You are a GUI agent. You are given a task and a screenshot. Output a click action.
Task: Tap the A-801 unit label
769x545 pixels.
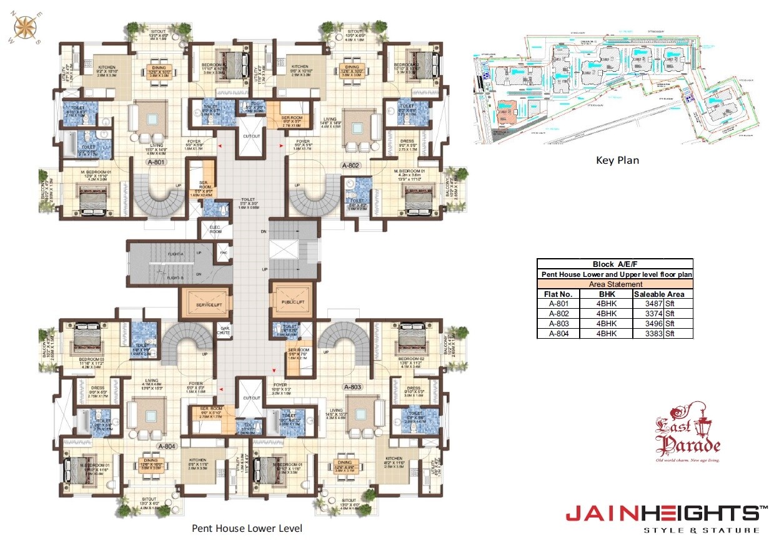156,162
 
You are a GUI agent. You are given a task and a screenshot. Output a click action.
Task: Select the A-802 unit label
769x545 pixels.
350,166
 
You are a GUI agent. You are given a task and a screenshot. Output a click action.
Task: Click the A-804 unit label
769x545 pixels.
167,446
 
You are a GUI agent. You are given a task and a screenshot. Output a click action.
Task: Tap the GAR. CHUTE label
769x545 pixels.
223,330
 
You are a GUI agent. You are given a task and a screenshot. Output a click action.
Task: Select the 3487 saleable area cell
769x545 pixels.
649,304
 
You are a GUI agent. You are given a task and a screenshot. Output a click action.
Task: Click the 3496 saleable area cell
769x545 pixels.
649,324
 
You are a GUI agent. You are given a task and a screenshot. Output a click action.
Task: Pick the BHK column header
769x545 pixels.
607,294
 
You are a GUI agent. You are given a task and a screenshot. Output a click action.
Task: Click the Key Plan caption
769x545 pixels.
618,160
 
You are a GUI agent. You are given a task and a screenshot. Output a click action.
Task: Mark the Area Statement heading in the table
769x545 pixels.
615,284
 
